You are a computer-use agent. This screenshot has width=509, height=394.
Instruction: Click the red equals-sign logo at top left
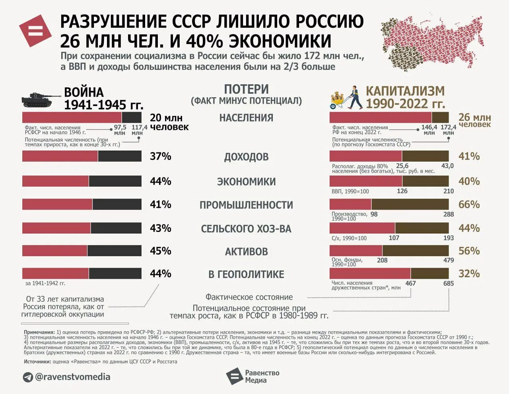click(x=35, y=31)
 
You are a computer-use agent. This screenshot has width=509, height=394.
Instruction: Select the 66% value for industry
click(x=469, y=205)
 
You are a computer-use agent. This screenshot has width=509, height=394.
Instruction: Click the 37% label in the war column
click(x=160, y=156)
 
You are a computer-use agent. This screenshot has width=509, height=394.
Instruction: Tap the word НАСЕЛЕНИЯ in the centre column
click(x=246, y=118)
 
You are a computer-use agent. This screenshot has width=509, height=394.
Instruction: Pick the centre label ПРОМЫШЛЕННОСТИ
click(x=246, y=205)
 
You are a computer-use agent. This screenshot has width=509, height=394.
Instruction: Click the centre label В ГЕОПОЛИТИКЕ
click(x=246, y=274)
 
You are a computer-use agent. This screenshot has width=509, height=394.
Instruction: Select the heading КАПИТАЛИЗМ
click(x=405, y=91)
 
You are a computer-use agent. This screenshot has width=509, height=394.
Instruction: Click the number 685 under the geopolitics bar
click(x=449, y=283)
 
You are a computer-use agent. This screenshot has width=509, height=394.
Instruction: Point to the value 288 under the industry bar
click(x=449, y=214)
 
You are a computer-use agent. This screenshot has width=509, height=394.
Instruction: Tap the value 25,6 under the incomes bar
click(x=402, y=166)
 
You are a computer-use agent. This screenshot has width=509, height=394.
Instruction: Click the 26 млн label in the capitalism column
click(x=474, y=118)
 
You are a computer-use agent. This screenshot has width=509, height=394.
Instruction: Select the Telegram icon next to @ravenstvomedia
click(x=27, y=377)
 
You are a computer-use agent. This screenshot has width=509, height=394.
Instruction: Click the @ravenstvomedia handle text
click(x=73, y=377)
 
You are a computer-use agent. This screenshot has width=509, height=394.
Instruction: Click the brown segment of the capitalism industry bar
click(x=410, y=204)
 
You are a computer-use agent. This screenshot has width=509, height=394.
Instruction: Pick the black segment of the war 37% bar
click(x=119, y=156)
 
